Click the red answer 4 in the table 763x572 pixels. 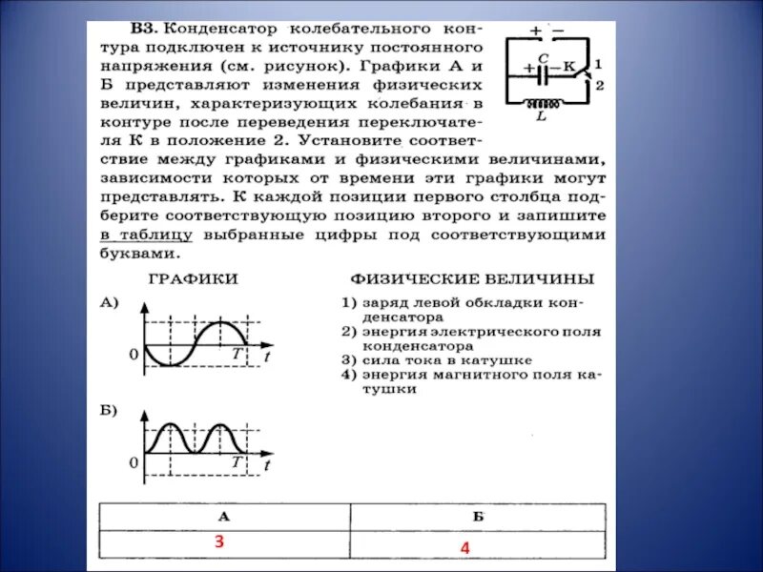pyautogui.click(x=465, y=548)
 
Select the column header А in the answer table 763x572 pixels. pyautogui.click(x=224, y=517)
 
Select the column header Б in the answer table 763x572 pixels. pyautogui.click(x=478, y=517)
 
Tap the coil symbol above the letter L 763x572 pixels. pyautogui.click(x=544, y=103)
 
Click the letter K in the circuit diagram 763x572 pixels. pyautogui.click(x=569, y=67)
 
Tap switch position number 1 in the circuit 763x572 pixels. pyautogui.click(x=598, y=63)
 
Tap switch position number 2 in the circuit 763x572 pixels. pyautogui.click(x=599, y=84)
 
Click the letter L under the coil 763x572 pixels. pyautogui.click(x=542, y=117)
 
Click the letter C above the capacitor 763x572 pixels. pyautogui.click(x=542, y=57)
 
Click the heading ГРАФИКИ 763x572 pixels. pyautogui.click(x=193, y=278)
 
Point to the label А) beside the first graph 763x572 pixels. pyautogui.click(x=109, y=302)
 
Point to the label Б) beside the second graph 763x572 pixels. pyautogui.click(x=109, y=410)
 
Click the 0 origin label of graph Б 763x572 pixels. pyautogui.click(x=134, y=462)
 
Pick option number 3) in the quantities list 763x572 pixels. pyautogui.click(x=348, y=360)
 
